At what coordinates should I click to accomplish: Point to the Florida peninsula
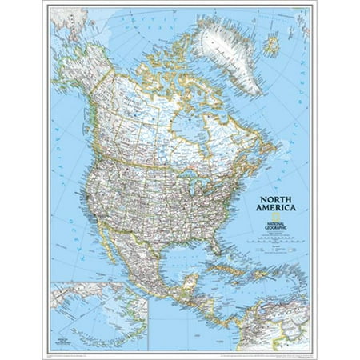point(210,247)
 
